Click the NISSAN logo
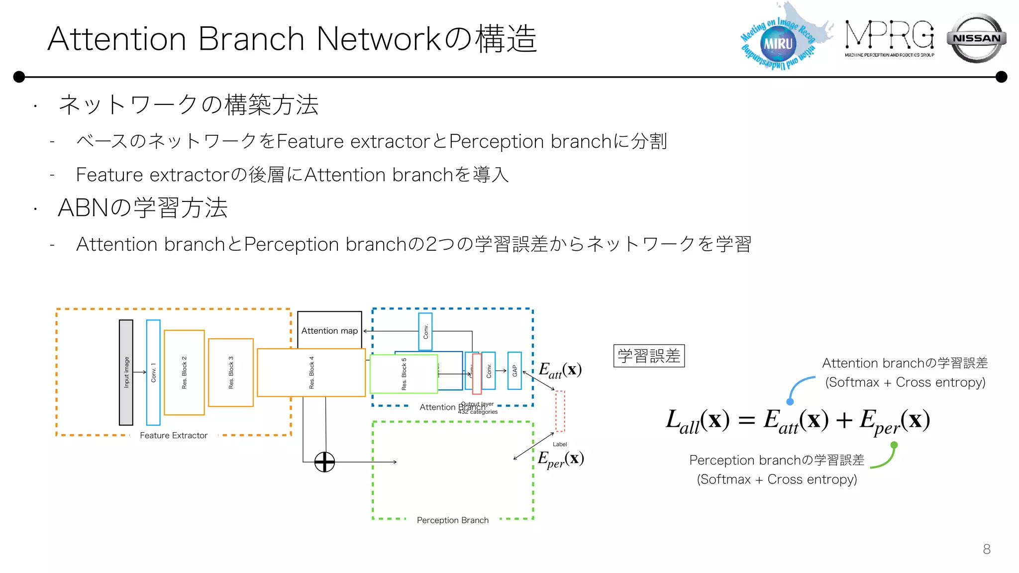[976, 38]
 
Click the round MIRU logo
[778, 44]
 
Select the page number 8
[987, 549]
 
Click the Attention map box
[329, 330]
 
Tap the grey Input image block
[126, 373]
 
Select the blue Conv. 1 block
[153, 373]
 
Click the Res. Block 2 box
[184, 373]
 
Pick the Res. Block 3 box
[231, 373]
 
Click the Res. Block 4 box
[311, 373]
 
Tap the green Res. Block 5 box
[404, 374]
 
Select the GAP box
[514, 371]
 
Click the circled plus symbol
[324, 462]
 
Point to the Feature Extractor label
[174, 435]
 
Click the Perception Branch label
[452, 520]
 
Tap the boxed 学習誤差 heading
[649, 356]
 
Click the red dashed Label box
[560, 411]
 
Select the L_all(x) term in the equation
[697, 421]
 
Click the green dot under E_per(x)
[894, 445]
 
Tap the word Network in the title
[379, 39]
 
